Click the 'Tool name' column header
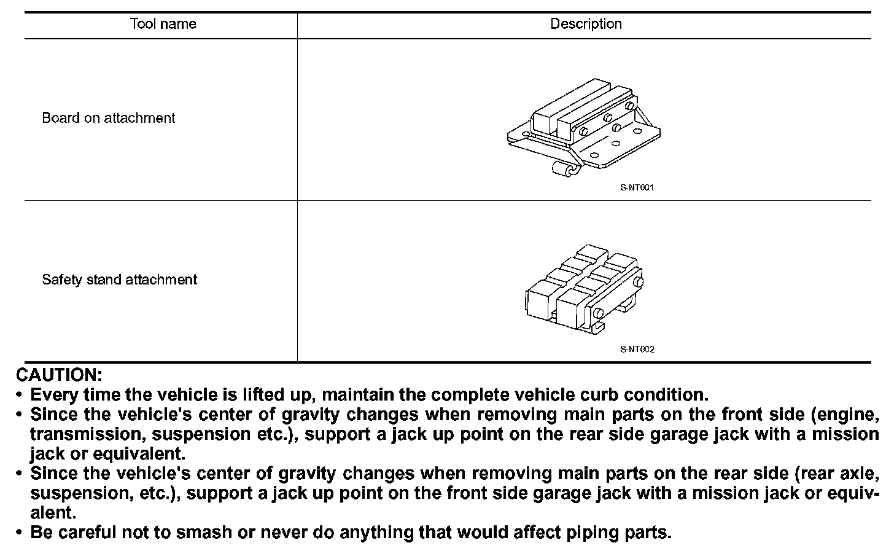[163, 24]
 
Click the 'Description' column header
[586, 24]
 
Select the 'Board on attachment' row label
[109, 118]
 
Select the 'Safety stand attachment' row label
[120, 280]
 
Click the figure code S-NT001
[637, 187]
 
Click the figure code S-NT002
[637, 350]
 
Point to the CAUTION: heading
[59, 375]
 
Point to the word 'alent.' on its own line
[53, 512]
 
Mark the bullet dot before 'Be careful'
[20, 532]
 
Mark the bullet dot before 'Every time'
[20, 394]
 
